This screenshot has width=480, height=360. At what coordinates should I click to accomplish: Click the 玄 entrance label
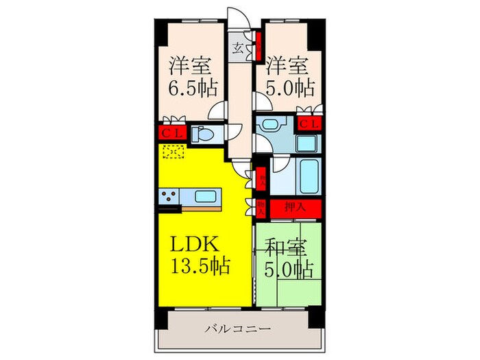[238, 48]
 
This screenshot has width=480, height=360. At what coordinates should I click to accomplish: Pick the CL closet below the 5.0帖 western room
[308, 124]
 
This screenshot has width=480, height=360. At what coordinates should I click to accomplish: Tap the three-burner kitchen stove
[169, 197]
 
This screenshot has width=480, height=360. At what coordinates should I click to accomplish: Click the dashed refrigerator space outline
[172, 152]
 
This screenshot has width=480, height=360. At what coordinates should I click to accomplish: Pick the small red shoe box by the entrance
[258, 45]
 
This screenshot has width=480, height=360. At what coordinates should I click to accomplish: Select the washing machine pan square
[307, 143]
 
